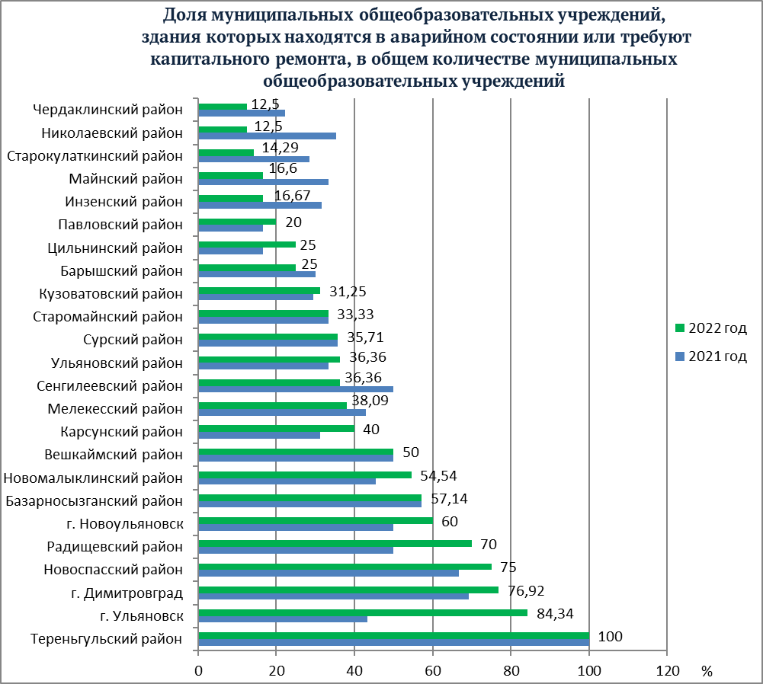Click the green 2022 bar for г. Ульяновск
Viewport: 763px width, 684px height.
[x=362, y=612]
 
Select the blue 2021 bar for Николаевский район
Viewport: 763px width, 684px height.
[x=267, y=136]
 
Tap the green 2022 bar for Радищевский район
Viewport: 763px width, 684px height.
[x=335, y=543]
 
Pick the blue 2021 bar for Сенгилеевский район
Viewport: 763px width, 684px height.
[x=296, y=388]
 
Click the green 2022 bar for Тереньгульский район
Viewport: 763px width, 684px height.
[x=393, y=635]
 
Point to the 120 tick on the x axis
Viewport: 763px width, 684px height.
[x=667, y=671]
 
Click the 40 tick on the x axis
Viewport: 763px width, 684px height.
[x=354, y=671]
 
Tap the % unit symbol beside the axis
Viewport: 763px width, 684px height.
[x=707, y=671]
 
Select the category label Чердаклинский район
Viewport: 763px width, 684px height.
[x=108, y=110]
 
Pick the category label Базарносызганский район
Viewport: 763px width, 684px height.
[x=95, y=500]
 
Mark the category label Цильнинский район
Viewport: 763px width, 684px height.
[x=115, y=248]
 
